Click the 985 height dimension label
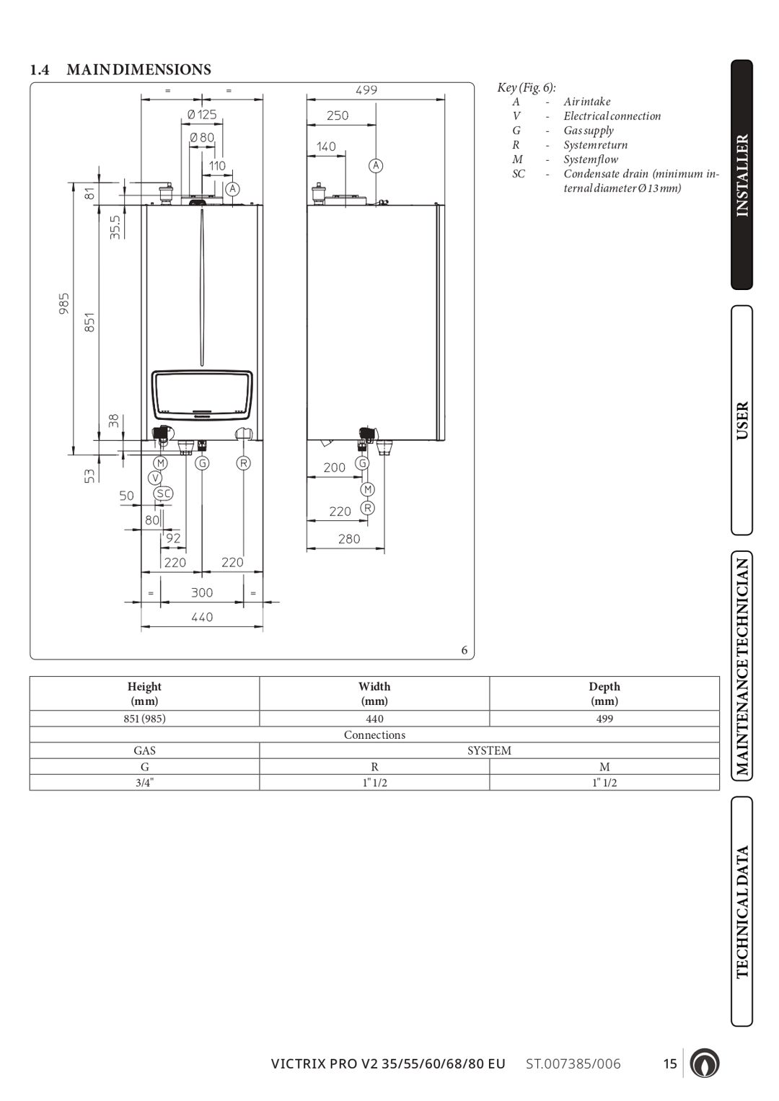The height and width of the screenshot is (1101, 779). point(64,303)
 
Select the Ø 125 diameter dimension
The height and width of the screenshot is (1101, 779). point(202,115)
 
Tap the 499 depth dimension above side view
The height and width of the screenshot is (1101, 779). point(366,90)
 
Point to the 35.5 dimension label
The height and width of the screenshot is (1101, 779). point(115,227)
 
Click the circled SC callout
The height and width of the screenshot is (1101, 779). point(164,494)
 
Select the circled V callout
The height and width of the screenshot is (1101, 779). point(155,478)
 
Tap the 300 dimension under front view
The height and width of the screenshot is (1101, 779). point(202,593)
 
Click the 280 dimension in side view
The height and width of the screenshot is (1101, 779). point(349,539)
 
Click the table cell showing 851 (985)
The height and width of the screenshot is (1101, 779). point(144,719)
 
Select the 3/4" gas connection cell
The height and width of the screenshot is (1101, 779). point(144,783)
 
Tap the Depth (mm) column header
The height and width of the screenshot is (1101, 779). point(604,693)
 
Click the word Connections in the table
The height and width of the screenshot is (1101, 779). point(374,734)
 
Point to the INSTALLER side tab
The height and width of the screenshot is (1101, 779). point(742,175)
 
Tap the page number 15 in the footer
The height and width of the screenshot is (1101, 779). point(670,1064)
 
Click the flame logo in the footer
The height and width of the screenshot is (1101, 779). point(704,1063)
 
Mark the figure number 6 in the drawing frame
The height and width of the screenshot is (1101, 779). point(465,650)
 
